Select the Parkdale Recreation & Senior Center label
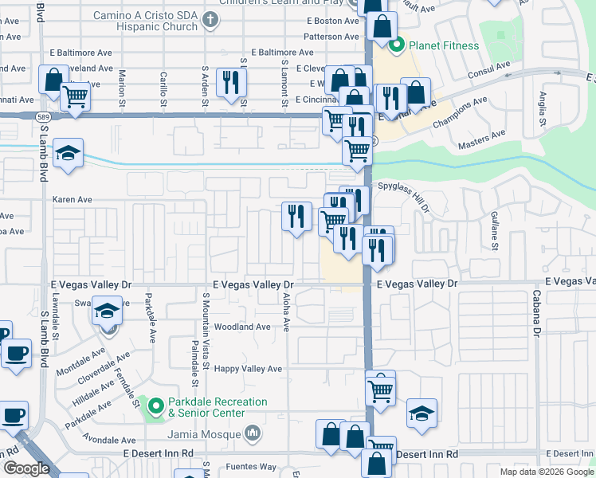[x=218, y=407]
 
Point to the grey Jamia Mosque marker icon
[x=253, y=433]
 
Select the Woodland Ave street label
[x=243, y=327]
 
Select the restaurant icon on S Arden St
[x=231, y=82]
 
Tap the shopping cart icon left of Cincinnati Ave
[x=75, y=97]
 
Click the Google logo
[x=26, y=468]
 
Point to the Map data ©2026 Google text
[x=546, y=472]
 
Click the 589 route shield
[x=45, y=116]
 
